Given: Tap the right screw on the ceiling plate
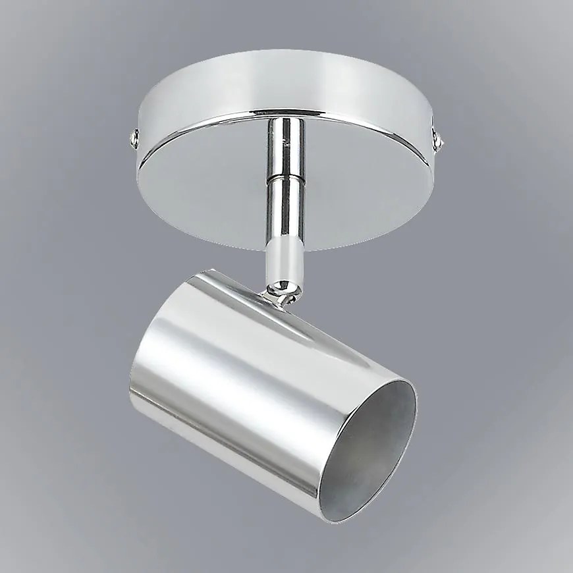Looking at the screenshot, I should coord(438,139).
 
